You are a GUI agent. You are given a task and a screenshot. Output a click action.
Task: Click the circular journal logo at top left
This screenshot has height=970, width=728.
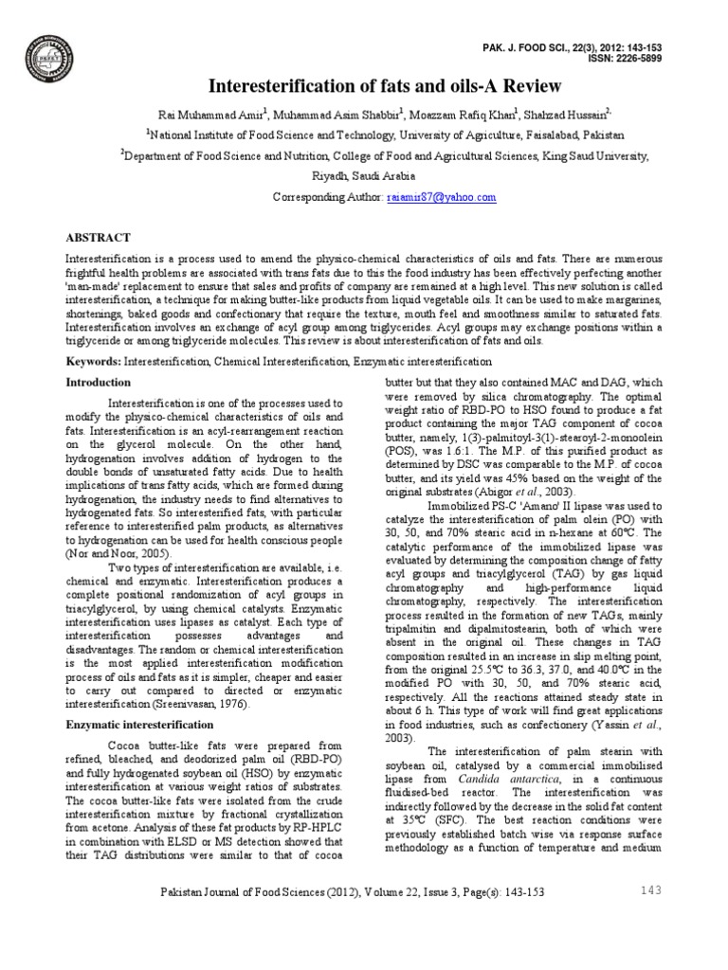[50, 53]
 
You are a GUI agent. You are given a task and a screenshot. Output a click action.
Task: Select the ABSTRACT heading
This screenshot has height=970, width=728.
[98, 237]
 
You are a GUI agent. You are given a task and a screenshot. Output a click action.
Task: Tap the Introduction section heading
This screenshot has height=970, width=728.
[98, 383]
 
